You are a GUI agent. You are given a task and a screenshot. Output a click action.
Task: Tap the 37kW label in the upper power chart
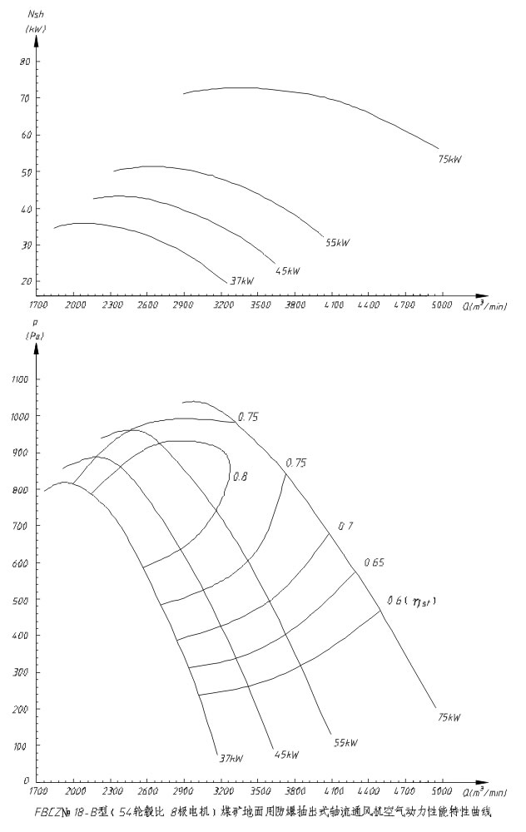coord(241,281)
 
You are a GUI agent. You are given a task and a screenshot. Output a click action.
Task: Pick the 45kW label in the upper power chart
coord(287,270)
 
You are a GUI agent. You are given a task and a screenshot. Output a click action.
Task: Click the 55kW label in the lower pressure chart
coord(346,742)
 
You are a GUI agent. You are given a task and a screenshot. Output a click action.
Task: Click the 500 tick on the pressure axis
coord(22,599)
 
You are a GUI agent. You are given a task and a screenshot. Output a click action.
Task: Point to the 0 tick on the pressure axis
coord(27,782)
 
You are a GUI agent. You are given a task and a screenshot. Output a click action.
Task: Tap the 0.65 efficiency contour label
coord(374,563)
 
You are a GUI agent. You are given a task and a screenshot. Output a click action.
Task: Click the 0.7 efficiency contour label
coord(345,527)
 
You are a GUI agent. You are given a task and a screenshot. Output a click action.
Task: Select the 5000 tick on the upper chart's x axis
coord(441,306)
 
